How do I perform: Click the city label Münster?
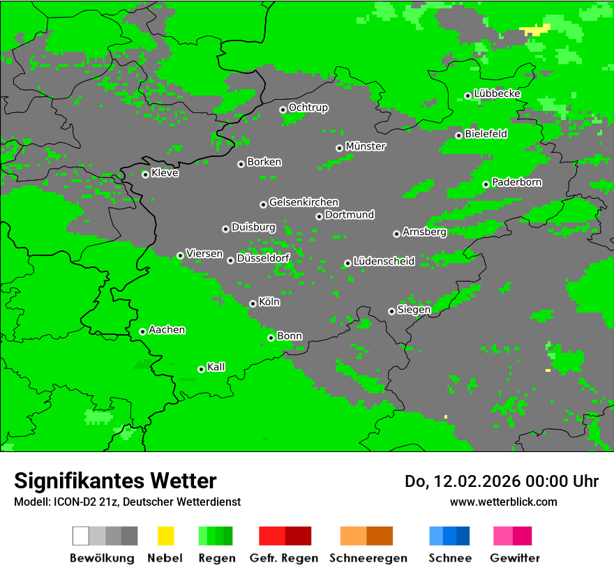(x=366, y=146)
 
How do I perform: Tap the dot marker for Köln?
(x=253, y=303)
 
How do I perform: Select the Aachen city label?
(x=167, y=330)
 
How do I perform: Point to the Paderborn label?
(x=517, y=183)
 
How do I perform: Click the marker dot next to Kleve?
(x=145, y=174)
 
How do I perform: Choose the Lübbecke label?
(x=497, y=93)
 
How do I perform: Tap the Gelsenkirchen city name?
(x=304, y=202)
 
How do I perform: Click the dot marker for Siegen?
(x=391, y=311)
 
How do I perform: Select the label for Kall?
(x=216, y=367)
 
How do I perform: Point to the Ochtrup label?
(x=308, y=108)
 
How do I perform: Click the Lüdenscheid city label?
(x=384, y=262)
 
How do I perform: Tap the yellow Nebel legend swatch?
(x=165, y=536)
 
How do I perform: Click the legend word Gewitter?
(x=515, y=558)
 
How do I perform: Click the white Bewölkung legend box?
(x=81, y=536)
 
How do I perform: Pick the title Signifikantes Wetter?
(x=115, y=481)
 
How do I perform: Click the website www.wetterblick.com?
(x=504, y=502)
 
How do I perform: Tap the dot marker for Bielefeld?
(x=458, y=135)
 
